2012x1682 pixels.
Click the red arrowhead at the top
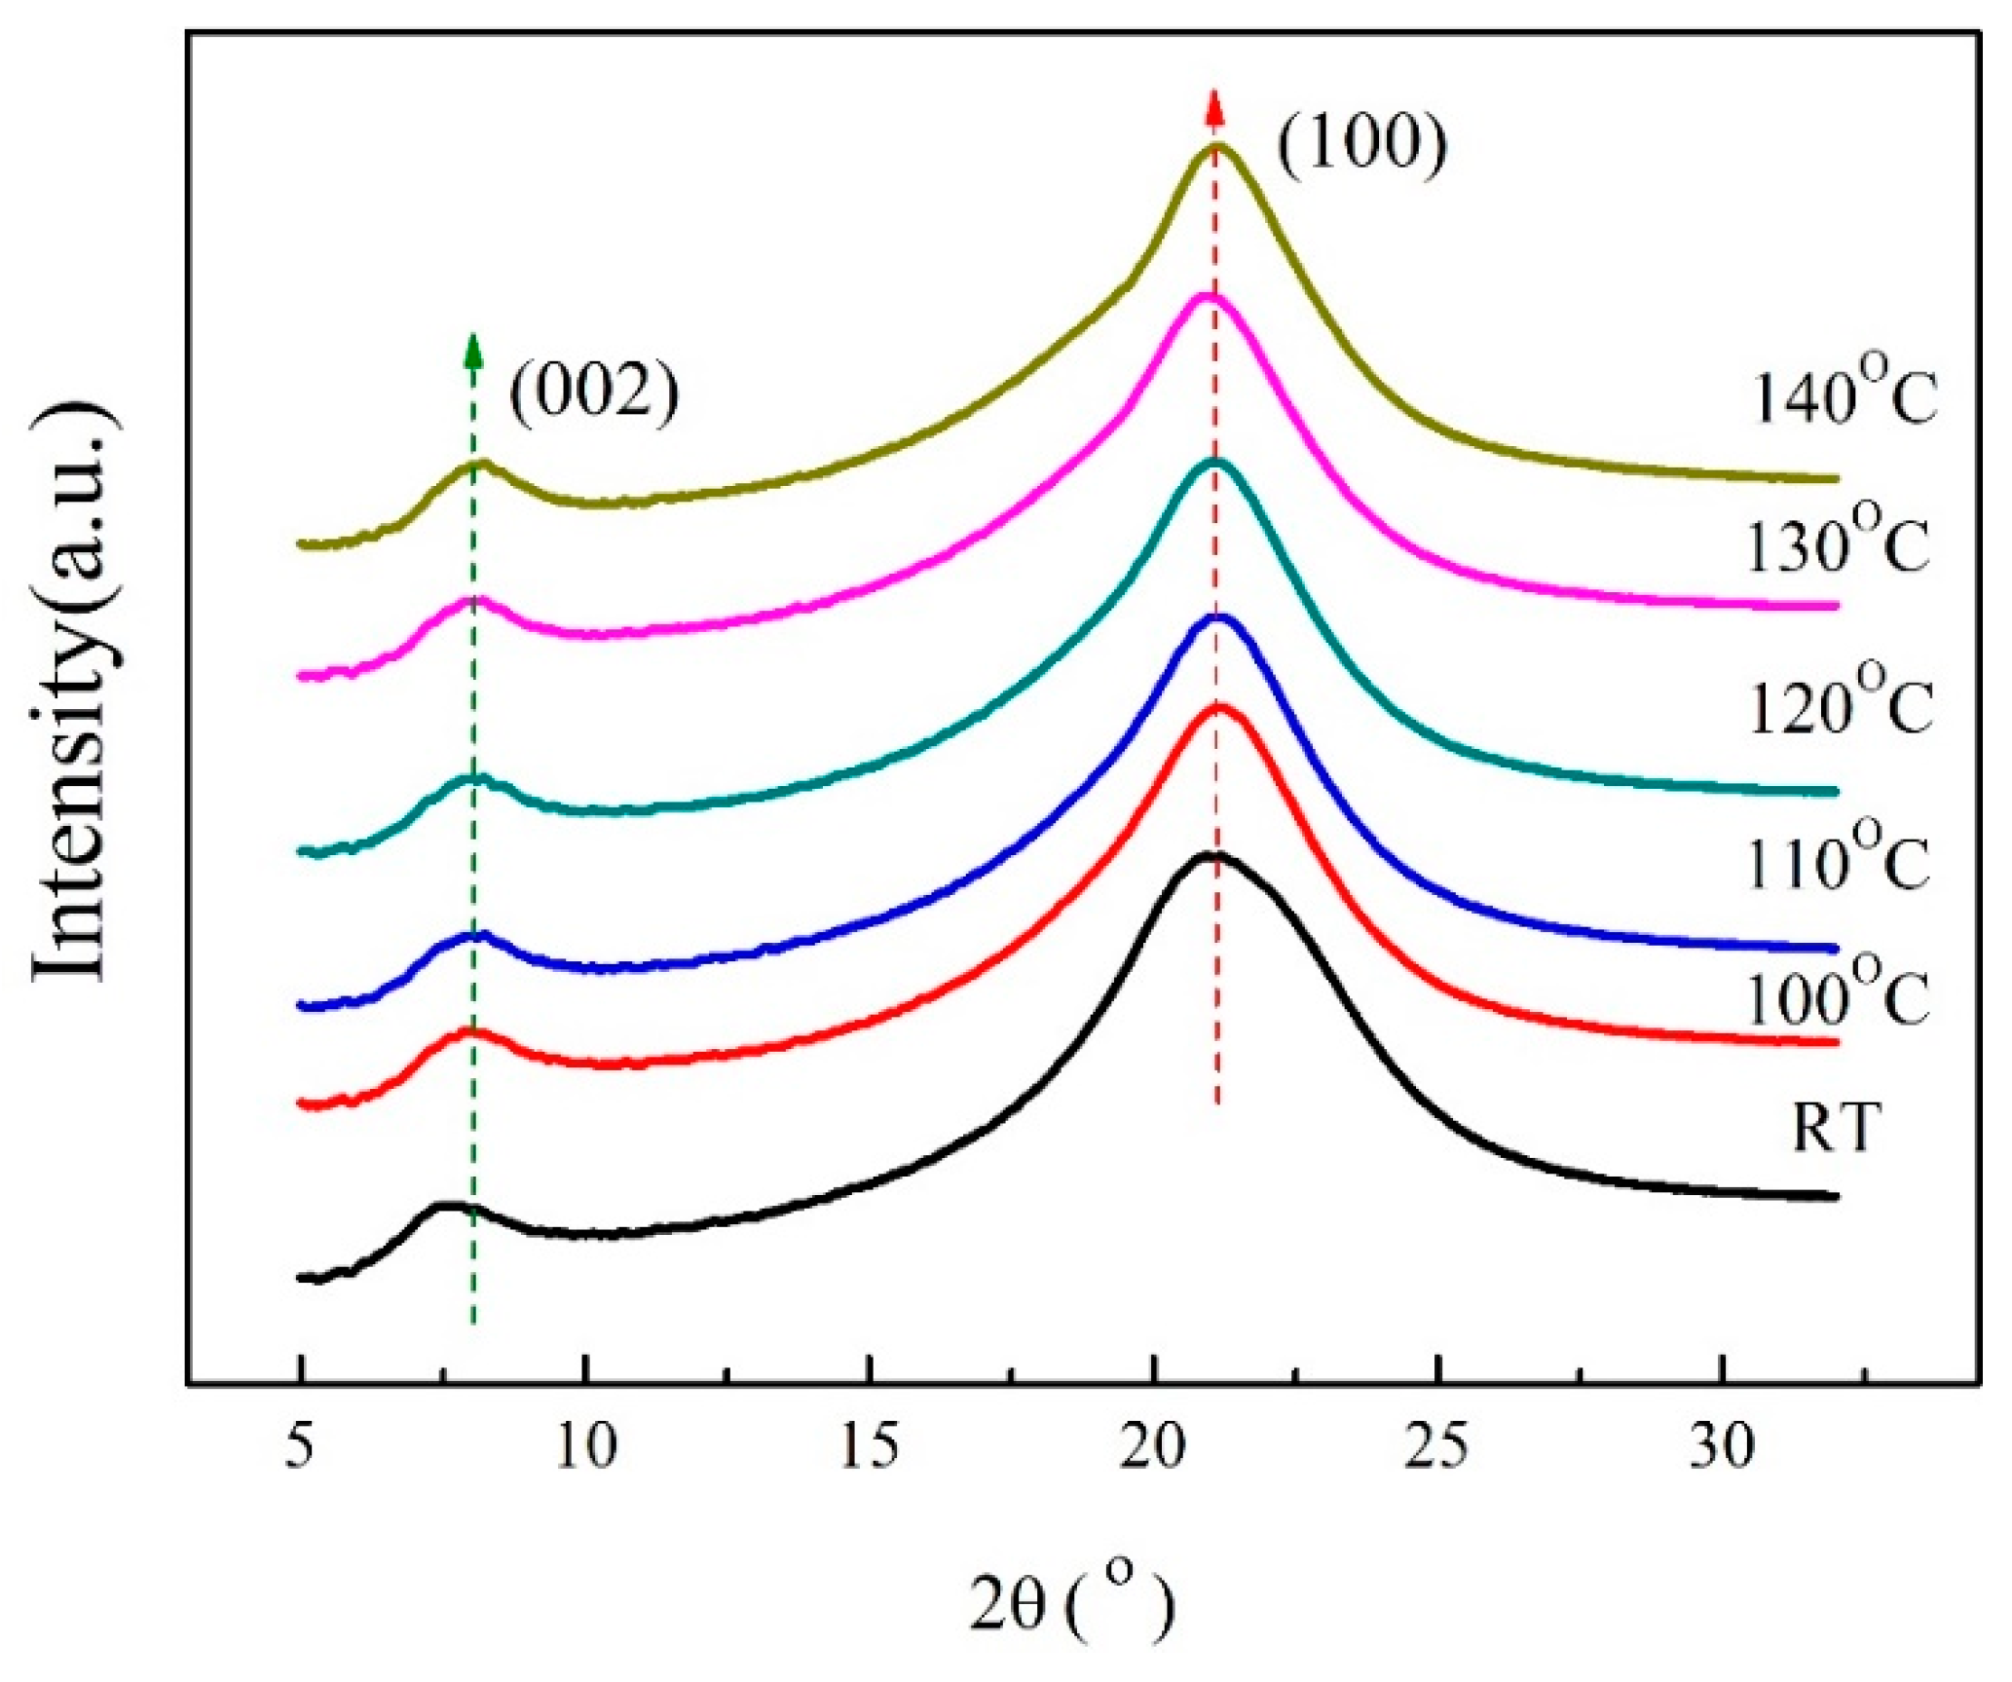click(1213, 106)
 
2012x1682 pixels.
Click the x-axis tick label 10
click(586, 1447)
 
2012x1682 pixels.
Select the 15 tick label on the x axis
click(870, 1447)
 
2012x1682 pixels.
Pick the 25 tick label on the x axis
click(1437, 1447)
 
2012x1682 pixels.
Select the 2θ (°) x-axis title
click(1072, 1604)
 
